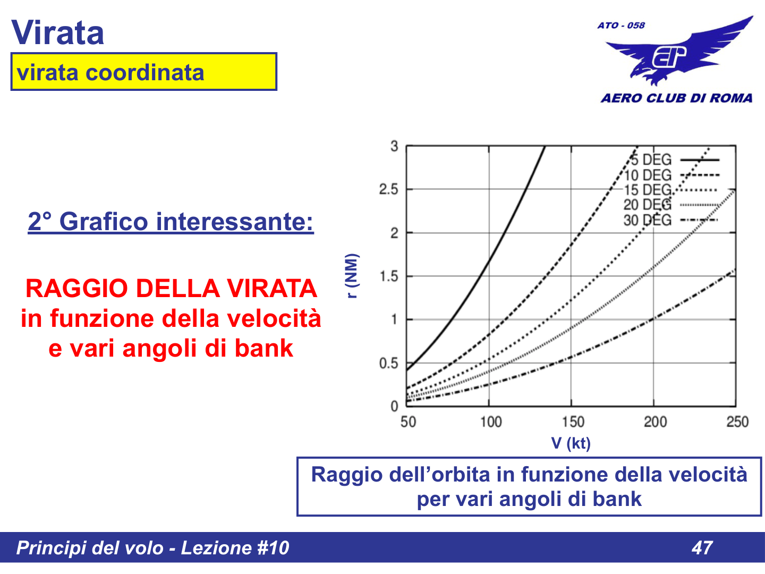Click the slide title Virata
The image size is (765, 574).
pyautogui.click(x=57, y=33)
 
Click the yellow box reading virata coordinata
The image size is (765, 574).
pyautogui.click(x=143, y=72)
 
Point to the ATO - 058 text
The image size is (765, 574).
pyautogui.click(x=620, y=25)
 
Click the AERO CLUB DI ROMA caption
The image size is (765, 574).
pyautogui.click(x=677, y=98)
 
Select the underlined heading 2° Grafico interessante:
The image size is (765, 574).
pyautogui.click(x=171, y=221)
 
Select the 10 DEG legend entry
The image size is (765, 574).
pyautogui.click(x=648, y=175)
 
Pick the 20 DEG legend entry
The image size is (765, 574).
pyautogui.click(x=648, y=205)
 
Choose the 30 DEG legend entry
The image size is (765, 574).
pyautogui.click(x=648, y=220)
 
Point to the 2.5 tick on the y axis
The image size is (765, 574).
pyautogui.click(x=388, y=189)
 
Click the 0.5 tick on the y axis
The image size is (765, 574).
pyautogui.click(x=388, y=364)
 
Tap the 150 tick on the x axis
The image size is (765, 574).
pyautogui.click(x=573, y=422)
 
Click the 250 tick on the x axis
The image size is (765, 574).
pyautogui.click(x=737, y=422)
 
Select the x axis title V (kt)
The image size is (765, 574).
pyautogui.click(x=571, y=443)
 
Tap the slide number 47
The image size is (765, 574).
pyautogui.click(x=702, y=547)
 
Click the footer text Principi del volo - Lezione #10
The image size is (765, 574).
pyautogui.click(x=152, y=547)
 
